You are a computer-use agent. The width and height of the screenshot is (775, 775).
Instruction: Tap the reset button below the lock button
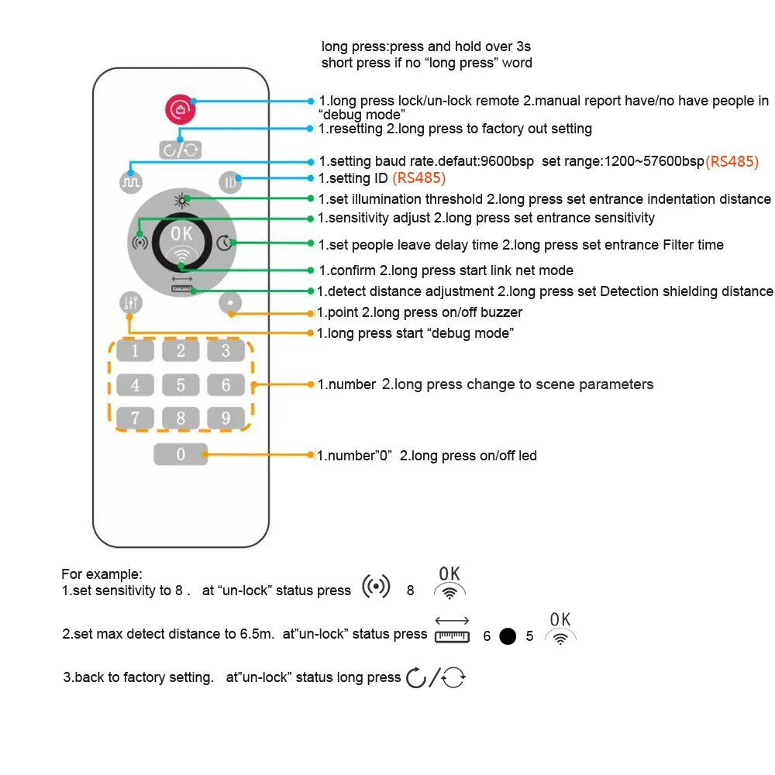[181, 149]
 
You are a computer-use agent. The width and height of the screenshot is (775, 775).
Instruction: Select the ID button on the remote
[230, 181]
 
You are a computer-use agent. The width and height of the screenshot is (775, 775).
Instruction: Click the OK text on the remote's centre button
[181, 233]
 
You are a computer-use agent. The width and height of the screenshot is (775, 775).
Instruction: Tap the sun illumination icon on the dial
[181, 200]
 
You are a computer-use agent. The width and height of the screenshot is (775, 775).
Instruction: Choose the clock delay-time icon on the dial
[224, 243]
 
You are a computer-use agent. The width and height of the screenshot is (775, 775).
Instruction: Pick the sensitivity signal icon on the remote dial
[139, 242]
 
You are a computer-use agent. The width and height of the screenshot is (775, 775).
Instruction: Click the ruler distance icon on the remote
[181, 284]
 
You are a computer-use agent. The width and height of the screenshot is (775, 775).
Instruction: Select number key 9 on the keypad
[226, 418]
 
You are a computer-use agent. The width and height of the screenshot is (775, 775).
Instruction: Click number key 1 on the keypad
[136, 351]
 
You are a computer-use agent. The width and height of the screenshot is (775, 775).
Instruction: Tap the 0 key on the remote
[181, 454]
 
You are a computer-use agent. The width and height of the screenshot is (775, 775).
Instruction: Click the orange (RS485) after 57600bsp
[732, 162]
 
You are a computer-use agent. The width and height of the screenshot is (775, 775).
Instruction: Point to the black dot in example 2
[508, 636]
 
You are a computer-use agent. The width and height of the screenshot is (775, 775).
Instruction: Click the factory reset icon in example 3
[436, 678]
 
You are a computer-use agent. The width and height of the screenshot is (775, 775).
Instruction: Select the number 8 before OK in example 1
[410, 591]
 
